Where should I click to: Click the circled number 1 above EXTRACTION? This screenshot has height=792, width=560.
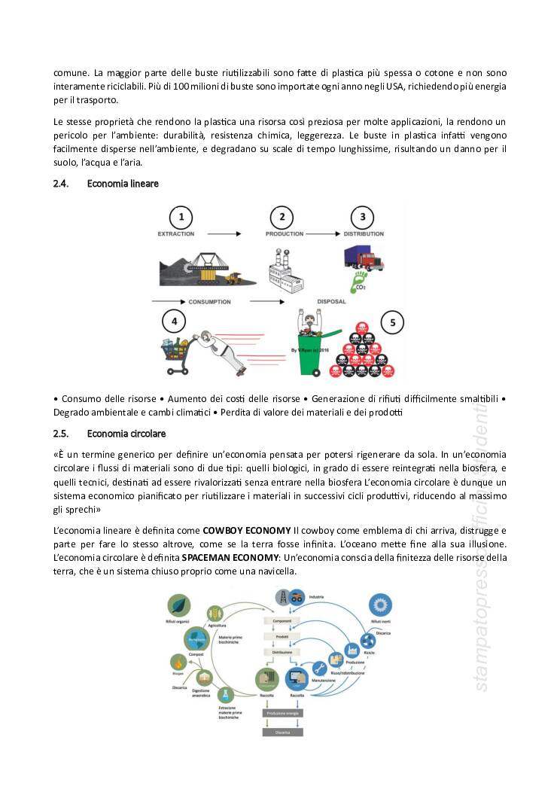point(181,218)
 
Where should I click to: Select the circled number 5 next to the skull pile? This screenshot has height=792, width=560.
point(391,324)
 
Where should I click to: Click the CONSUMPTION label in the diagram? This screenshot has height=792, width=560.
point(209,302)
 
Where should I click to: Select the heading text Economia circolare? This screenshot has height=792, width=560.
point(126,434)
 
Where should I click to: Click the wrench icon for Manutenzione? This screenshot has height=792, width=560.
point(318,669)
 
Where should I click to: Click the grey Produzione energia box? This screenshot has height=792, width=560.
point(282,712)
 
